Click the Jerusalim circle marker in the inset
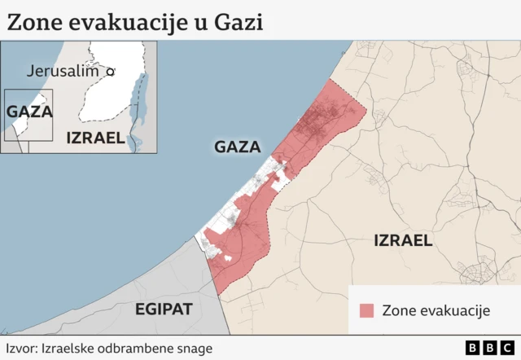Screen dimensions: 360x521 pyautogui.click(x=111, y=72)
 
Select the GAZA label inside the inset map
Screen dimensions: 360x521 pyautogui.click(x=29, y=112)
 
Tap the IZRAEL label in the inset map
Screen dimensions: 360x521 pyautogui.click(x=95, y=138)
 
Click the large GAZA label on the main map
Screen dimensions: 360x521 pyautogui.click(x=237, y=147)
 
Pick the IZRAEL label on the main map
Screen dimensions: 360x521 pyautogui.click(x=402, y=240)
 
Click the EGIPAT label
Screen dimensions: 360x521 pyautogui.click(x=164, y=309)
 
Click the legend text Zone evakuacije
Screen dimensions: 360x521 pyautogui.click(x=435, y=310)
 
